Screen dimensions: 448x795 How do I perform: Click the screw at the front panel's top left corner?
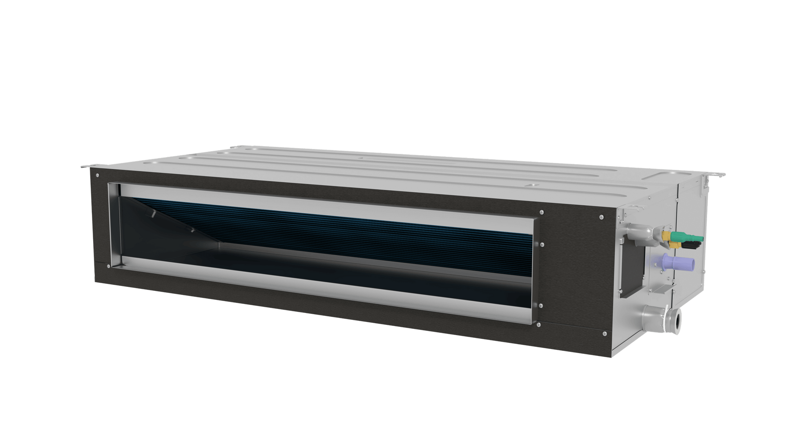97,175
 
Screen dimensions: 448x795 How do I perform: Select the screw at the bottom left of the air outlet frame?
108,266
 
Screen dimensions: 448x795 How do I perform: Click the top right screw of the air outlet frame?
542,212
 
